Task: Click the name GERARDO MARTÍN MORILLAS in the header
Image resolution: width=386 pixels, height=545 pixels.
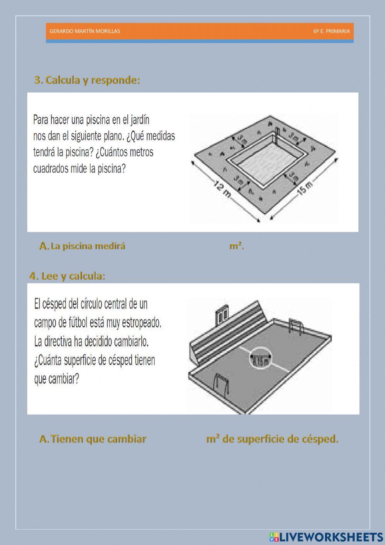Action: click(85, 31)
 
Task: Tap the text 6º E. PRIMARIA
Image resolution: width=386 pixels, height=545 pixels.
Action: click(331, 31)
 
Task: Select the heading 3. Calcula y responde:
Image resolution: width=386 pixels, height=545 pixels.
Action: click(87, 80)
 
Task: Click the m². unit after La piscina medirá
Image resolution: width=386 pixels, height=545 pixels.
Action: click(237, 246)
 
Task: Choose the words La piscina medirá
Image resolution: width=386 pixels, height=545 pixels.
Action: click(88, 246)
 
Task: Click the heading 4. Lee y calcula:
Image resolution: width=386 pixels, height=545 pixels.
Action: click(67, 276)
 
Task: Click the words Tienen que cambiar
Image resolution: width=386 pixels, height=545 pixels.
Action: click(98, 439)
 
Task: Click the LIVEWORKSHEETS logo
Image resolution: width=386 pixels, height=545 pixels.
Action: click(326, 537)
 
